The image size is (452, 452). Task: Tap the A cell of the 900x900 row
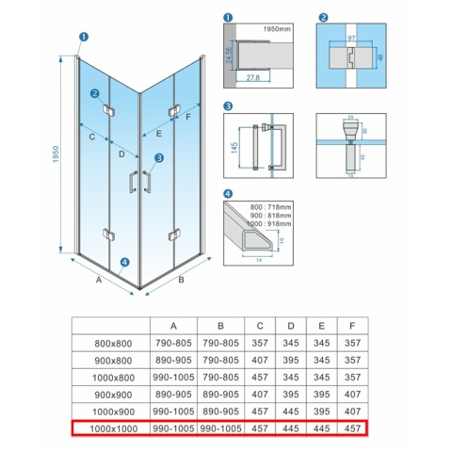tap(173, 395)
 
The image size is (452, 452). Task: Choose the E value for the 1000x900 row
tap(323, 412)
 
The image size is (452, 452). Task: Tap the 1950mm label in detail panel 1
tap(277, 29)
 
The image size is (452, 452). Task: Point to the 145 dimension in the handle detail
tap(232, 149)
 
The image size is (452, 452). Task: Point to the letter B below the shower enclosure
tap(182, 280)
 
